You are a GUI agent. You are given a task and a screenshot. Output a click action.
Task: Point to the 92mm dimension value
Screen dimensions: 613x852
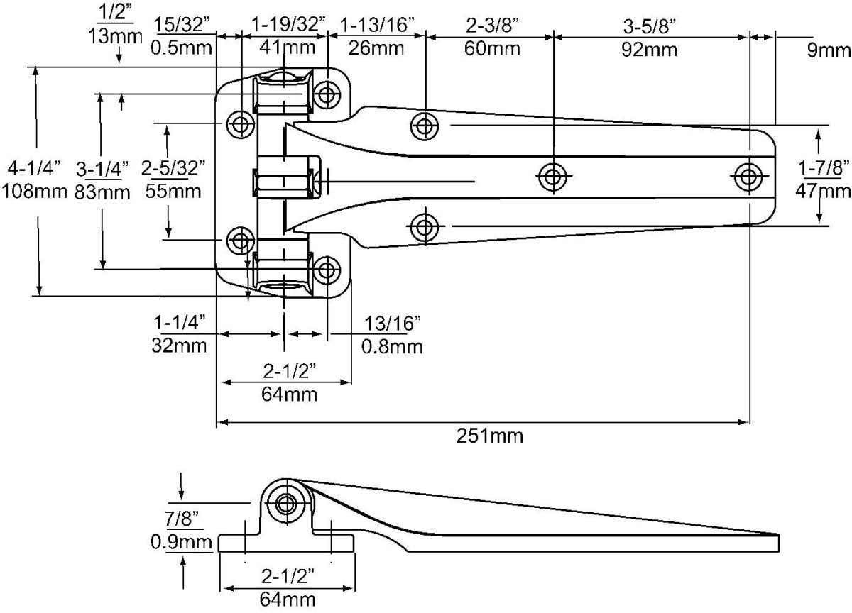pos(650,50)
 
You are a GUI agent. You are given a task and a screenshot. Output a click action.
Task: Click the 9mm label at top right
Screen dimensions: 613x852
pos(828,50)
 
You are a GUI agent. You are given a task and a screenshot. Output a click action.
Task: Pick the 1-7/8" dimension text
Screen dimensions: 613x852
pos(824,167)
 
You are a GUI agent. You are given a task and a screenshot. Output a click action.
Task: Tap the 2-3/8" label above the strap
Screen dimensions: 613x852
pos(493,26)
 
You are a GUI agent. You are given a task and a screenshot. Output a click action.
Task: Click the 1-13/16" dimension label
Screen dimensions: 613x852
pos(376,26)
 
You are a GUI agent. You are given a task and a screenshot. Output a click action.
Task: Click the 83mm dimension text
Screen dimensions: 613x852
pos(102,192)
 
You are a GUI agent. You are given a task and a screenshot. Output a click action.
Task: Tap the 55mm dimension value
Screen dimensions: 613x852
pos(172,191)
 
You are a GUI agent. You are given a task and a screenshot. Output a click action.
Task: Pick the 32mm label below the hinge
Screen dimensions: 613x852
pos(180,346)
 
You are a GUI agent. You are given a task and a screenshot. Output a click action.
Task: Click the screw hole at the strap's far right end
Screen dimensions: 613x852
pos(748,177)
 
